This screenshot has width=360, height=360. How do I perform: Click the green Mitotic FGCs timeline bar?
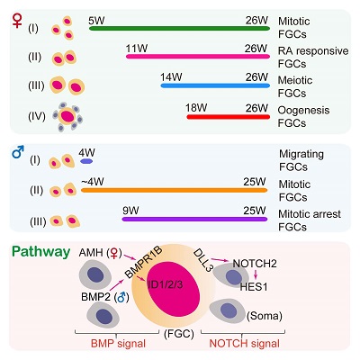[x=179, y=28]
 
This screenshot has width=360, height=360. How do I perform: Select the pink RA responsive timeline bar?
[x=198, y=57]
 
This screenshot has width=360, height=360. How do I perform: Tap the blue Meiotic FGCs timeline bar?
[x=215, y=85]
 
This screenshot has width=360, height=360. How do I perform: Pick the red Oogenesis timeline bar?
[x=229, y=117]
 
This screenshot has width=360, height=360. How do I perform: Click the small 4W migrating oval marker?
[x=86, y=161]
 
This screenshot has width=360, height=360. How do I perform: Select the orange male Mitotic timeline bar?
[x=174, y=190]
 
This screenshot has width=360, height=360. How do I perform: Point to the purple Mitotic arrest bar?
[x=194, y=219]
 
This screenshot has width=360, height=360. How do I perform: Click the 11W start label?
[x=137, y=49]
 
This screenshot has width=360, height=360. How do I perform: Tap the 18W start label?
[x=196, y=107]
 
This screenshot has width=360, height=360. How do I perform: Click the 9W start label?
[x=130, y=211]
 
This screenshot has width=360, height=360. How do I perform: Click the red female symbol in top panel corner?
[x=17, y=20]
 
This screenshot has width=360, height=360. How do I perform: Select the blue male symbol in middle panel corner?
[x=18, y=152]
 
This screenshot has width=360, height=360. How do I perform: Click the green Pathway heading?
[x=41, y=252]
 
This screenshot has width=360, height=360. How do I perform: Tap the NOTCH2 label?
[x=255, y=264]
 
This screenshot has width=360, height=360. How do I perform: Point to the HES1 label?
[x=254, y=287]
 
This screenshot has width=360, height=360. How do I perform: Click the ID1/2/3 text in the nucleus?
[x=166, y=284]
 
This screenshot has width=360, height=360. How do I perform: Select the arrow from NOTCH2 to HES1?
[x=256, y=274]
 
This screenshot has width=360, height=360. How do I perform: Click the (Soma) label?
[x=265, y=316]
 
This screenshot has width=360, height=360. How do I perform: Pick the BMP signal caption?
[x=118, y=344]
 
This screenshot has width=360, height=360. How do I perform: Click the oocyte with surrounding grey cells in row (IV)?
[x=67, y=116]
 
